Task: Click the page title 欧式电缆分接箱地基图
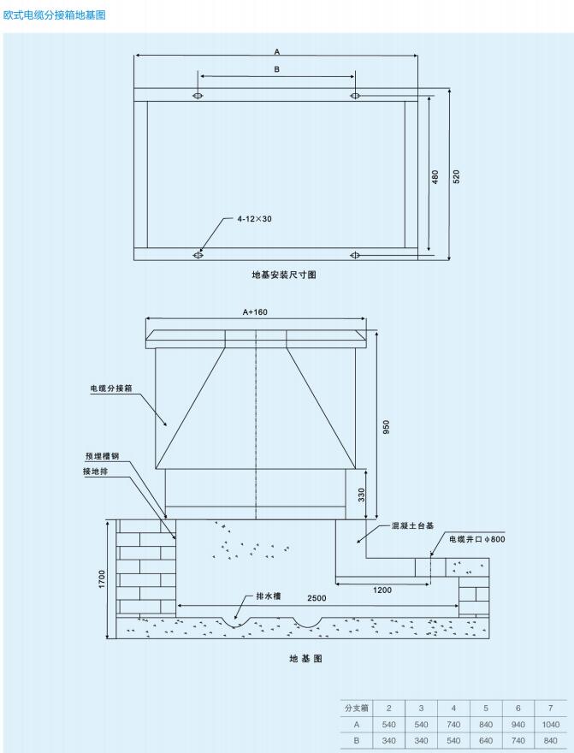click(x=54, y=15)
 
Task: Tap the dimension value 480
click(x=435, y=177)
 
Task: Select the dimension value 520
click(x=456, y=177)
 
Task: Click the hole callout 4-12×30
click(x=254, y=219)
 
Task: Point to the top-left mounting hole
click(x=198, y=96)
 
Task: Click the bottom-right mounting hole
click(x=355, y=255)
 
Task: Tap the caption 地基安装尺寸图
click(x=284, y=275)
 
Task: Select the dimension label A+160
click(x=255, y=312)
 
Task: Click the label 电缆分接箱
click(x=111, y=388)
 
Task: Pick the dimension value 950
click(x=387, y=427)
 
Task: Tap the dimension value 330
click(x=361, y=495)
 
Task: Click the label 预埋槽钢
click(x=103, y=456)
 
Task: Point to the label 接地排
click(x=95, y=471)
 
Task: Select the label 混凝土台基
click(x=412, y=526)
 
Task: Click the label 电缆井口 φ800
click(x=477, y=539)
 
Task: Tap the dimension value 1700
click(x=102, y=580)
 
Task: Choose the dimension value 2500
click(x=317, y=598)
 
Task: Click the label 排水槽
click(x=269, y=596)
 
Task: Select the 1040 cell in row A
click(x=551, y=724)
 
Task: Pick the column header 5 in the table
click(x=486, y=708)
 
